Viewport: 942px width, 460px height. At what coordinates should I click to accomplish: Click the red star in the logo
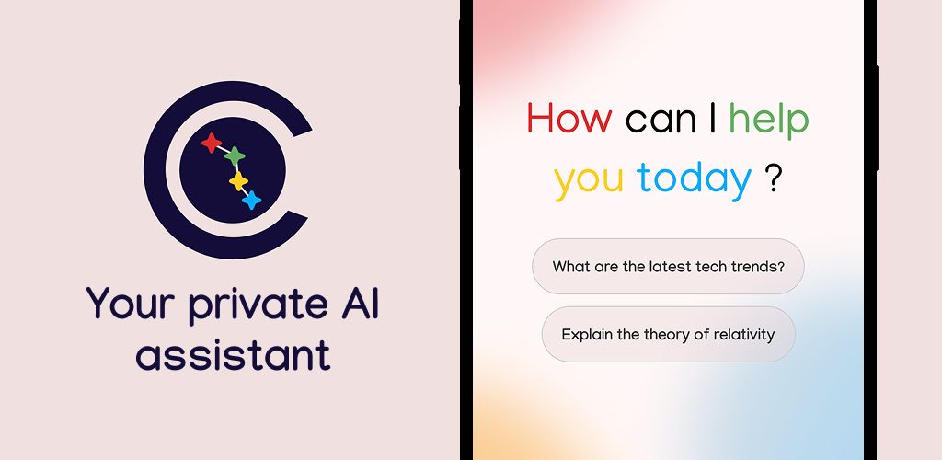point(212,143)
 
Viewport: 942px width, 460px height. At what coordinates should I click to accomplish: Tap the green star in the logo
point(235,156)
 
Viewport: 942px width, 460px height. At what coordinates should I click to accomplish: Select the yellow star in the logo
point(238,180)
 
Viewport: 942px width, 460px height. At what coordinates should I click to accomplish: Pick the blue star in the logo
point(252,200)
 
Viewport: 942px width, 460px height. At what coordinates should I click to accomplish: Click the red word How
point(569,118)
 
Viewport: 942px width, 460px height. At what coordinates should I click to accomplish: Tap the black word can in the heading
point(661,121)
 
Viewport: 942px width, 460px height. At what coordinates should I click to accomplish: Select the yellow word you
point(589,182)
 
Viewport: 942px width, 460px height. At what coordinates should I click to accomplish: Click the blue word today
point(694,178)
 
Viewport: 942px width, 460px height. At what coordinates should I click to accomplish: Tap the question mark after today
point(775,178)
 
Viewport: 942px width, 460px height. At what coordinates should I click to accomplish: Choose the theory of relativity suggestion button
point(668,334)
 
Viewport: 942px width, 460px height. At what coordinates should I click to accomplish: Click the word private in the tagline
point(249,307)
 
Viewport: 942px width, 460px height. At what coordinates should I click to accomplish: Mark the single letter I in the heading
point(713,118)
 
